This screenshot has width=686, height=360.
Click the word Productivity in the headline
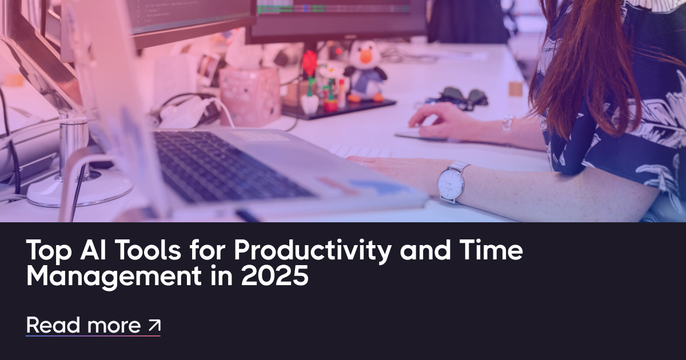[312, 251]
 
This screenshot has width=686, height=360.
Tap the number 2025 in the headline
[274, 275]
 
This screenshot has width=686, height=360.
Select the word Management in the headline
[114, 277]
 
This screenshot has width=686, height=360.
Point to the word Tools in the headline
[149, 250]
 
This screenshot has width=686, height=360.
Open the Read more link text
[83, 325]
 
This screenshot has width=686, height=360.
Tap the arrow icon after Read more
[154, 325]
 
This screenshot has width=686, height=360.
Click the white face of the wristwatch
[450, 183]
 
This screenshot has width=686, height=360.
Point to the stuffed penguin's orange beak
[366, 57]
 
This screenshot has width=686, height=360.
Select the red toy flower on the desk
[310, 63]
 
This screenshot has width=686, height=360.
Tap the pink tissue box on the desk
[250, 96]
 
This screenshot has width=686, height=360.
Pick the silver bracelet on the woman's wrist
[508, 123]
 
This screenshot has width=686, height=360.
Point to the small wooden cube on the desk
[516, 89]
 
